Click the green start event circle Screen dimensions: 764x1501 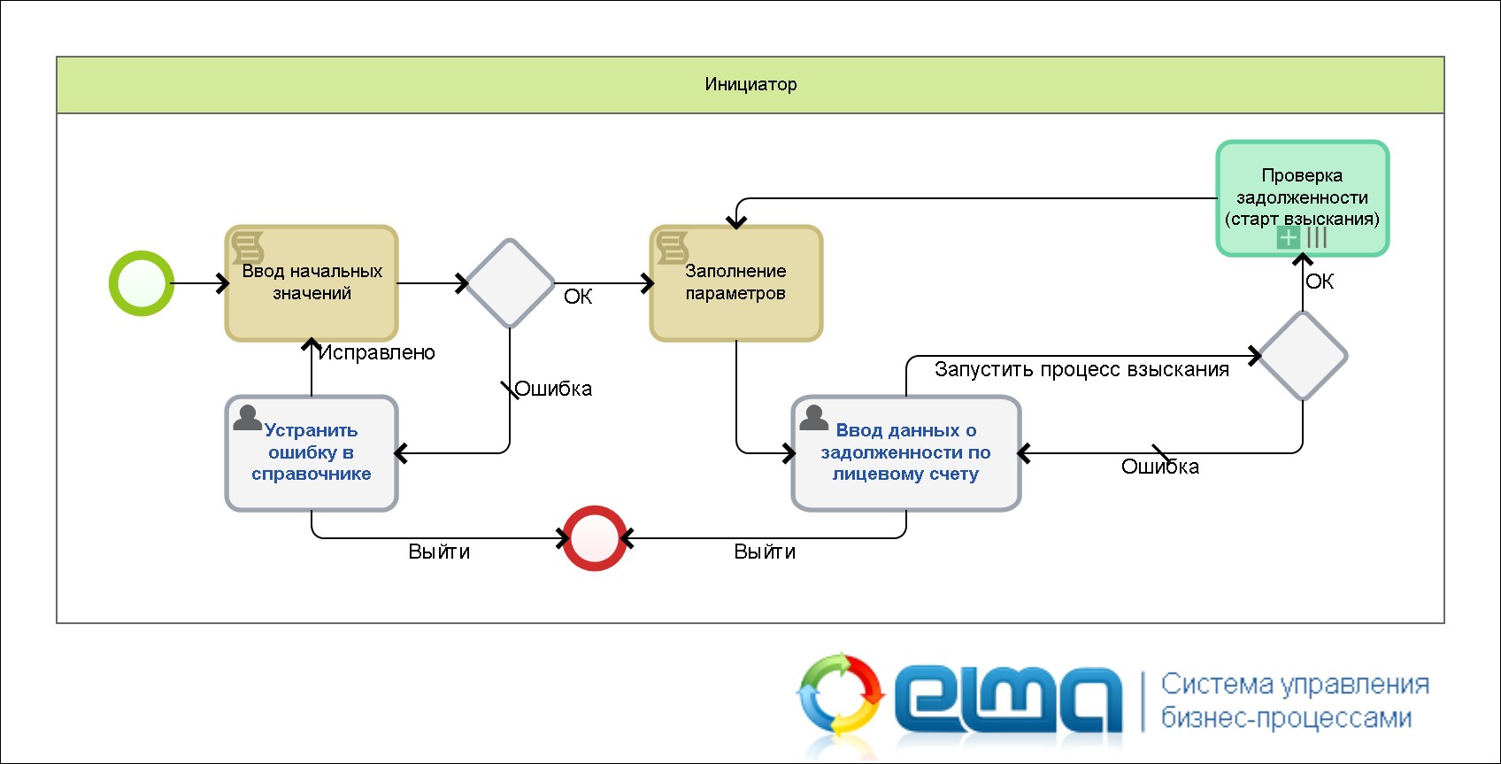141,283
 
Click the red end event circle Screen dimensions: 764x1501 595,538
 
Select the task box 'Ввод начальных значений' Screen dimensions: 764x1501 312,283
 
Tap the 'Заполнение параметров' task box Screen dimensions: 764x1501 736,283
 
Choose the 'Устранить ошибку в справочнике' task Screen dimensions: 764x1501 312,453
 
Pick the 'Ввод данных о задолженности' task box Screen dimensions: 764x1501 906,453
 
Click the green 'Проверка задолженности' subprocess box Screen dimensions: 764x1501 1302,197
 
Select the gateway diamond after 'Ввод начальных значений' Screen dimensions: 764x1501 510,283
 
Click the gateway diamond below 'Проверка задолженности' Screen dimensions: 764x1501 1303,356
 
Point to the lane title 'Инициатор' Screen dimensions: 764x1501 750,84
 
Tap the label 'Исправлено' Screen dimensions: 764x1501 377,352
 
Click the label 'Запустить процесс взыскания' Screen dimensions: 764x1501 1081,369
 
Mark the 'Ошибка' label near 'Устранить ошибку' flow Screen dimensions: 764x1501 553,389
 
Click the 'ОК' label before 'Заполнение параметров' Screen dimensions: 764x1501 578,297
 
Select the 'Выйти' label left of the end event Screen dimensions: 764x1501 439,552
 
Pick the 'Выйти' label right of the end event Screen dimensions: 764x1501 765,552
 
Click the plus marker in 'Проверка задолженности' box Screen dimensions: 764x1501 1289,237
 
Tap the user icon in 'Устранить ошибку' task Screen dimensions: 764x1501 247,417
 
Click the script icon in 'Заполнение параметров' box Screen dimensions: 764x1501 673,247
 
